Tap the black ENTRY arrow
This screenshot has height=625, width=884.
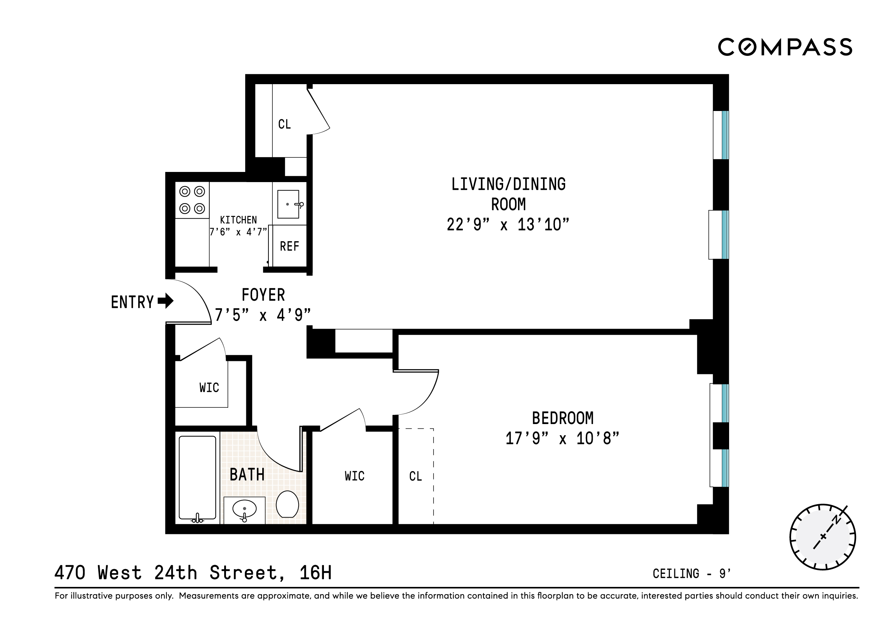[x=166, y=301]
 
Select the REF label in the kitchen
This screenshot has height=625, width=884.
[x=289, y=246]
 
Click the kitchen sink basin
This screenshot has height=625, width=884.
[x=288, y=204]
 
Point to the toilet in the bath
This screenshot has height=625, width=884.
[x=287, y=504]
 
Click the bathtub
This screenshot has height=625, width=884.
[x=197, y=478]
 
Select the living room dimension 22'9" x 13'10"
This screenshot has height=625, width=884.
[x=507, y=225]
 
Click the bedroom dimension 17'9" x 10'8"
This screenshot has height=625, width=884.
[x=562, y=439]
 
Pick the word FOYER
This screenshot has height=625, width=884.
[x=263, y=295]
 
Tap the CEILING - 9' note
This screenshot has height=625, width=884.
[x=691, y=574]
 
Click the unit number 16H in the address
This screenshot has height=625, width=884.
[x=315, y=573]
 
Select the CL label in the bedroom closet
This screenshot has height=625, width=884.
[x=415, y=476]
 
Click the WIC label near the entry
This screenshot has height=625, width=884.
[x=209, y=387]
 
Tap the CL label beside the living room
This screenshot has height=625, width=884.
[x=284, y=124]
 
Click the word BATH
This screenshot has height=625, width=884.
[x=247, y=474]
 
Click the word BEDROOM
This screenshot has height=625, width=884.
[x=562, y=418]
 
